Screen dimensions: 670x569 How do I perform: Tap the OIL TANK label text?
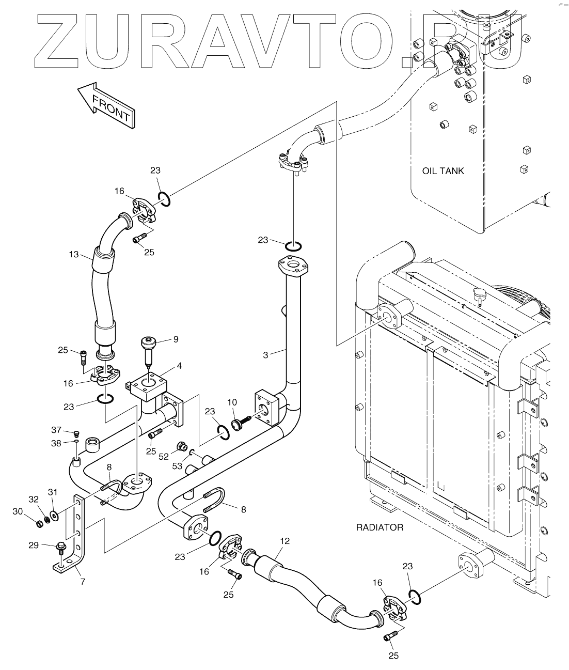pyautogui.click(x=443, y=171)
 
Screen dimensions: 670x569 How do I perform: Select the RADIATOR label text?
pyautogui.click(x=380, y=527)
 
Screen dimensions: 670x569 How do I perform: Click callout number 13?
pyautogui.click(x=74, y=254)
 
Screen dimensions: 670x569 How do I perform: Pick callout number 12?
pyautogui.click(x=284, y=541)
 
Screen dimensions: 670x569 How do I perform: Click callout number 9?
pyautogui.click(x=176, y=339)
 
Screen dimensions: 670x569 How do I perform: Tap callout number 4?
pyautogui.click(x=179, y=366)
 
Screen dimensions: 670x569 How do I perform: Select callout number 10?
pyautogui.click(x=232, y=402)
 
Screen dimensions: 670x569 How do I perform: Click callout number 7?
pyautogui.click(x=83, y=581)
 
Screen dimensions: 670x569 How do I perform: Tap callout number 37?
pyautogui.click(x=56, y=429)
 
